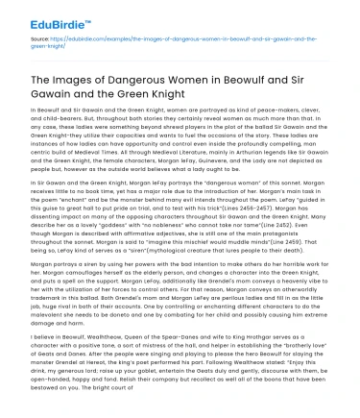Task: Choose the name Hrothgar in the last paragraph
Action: pos(270,359)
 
